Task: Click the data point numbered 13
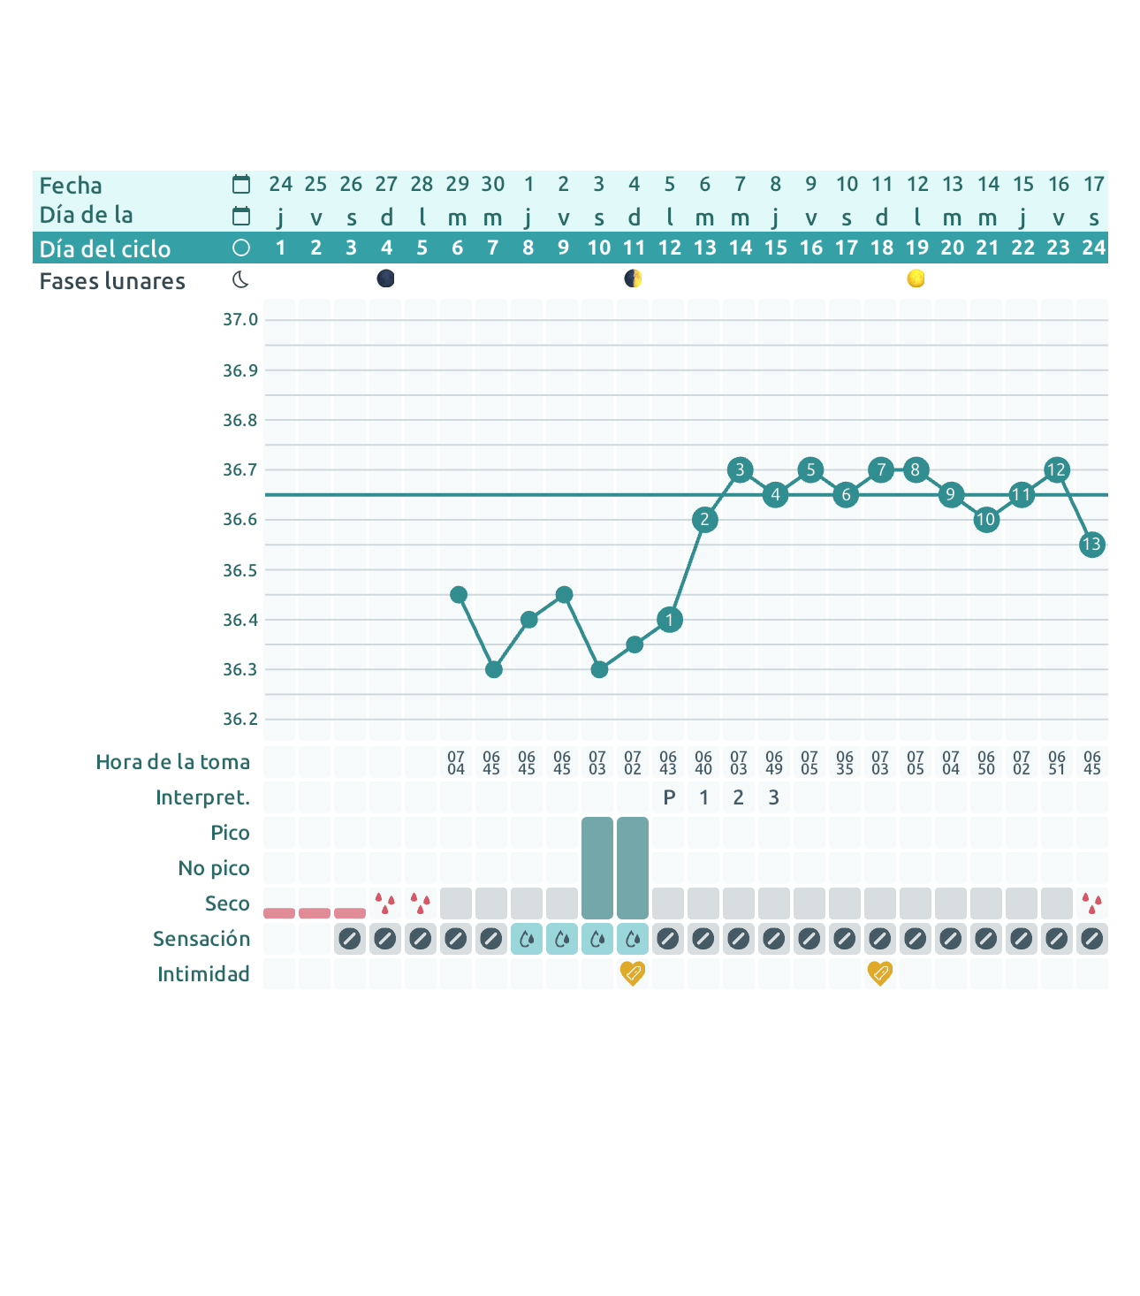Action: click(1092, 545)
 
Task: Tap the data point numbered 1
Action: click(670, 620)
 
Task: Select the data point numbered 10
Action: click(986, 520)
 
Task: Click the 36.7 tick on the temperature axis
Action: click(239, 469)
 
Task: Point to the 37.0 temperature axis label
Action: click(239, 319)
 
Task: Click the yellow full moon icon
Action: click(916, 279)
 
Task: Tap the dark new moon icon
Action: click(385, 279)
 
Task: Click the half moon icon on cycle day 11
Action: click(633, 279)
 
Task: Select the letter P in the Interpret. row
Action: click(669, 797)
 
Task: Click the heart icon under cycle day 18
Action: click(880, 973)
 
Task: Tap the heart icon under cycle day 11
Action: click(633, 973)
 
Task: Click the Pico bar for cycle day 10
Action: click(597, 867)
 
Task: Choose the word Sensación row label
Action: click(201, 939)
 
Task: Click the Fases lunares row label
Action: click(112, 281)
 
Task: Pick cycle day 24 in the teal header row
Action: click(1093, 248)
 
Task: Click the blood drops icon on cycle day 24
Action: click(1092, 903)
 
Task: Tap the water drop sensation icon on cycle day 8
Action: click(527, 939)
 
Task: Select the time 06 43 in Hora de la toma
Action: click(668, 763)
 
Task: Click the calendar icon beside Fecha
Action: click(241, 185)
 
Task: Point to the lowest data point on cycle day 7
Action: click(494, 669)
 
